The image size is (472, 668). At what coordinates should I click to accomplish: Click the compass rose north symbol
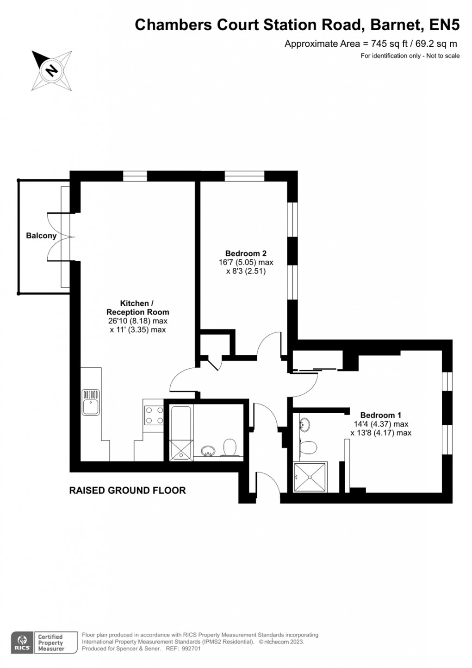(51, 71)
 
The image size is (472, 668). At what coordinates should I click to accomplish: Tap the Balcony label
(41, 236)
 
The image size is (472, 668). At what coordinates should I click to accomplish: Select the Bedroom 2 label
(246, 253)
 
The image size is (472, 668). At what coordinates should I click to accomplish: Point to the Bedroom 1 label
(381, 415)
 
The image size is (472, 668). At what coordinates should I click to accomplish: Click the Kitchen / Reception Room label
(137, 308)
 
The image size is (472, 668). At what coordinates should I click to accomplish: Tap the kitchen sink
(91, 402)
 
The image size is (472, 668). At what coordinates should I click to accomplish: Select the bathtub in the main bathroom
(180, 433)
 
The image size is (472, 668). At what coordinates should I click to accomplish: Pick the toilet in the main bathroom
(230, 448)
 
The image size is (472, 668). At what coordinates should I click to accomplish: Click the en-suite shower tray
(310, 477)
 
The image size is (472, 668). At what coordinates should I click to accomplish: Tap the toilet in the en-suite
(307, 447)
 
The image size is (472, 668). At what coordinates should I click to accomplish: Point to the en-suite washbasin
(305, 424)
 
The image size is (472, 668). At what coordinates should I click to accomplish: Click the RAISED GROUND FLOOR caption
(127, 490)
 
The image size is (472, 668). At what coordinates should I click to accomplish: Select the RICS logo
(22, 643)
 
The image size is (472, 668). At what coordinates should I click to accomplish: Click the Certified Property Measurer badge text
(50, 643)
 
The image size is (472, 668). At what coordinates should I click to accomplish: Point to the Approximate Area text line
(371, 44)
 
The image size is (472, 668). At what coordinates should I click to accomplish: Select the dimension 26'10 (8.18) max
(138, 321)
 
